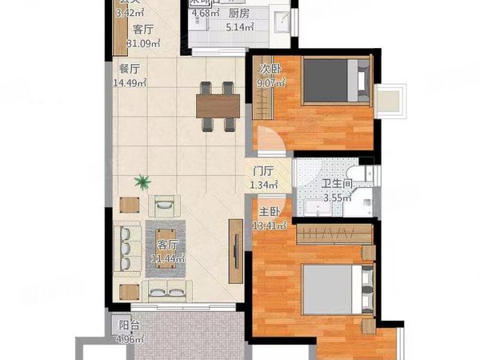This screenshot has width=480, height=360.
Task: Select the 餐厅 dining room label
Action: [129, 68]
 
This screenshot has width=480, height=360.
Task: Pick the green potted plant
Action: [142, 182]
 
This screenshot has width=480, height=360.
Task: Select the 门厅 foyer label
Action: [264, 171]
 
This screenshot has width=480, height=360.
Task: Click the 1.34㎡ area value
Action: [264, 186]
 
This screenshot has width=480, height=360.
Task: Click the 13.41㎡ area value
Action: [270, 225]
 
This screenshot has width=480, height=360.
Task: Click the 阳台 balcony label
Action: [125, 326]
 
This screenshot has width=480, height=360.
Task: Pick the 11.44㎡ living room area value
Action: [169, 258]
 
